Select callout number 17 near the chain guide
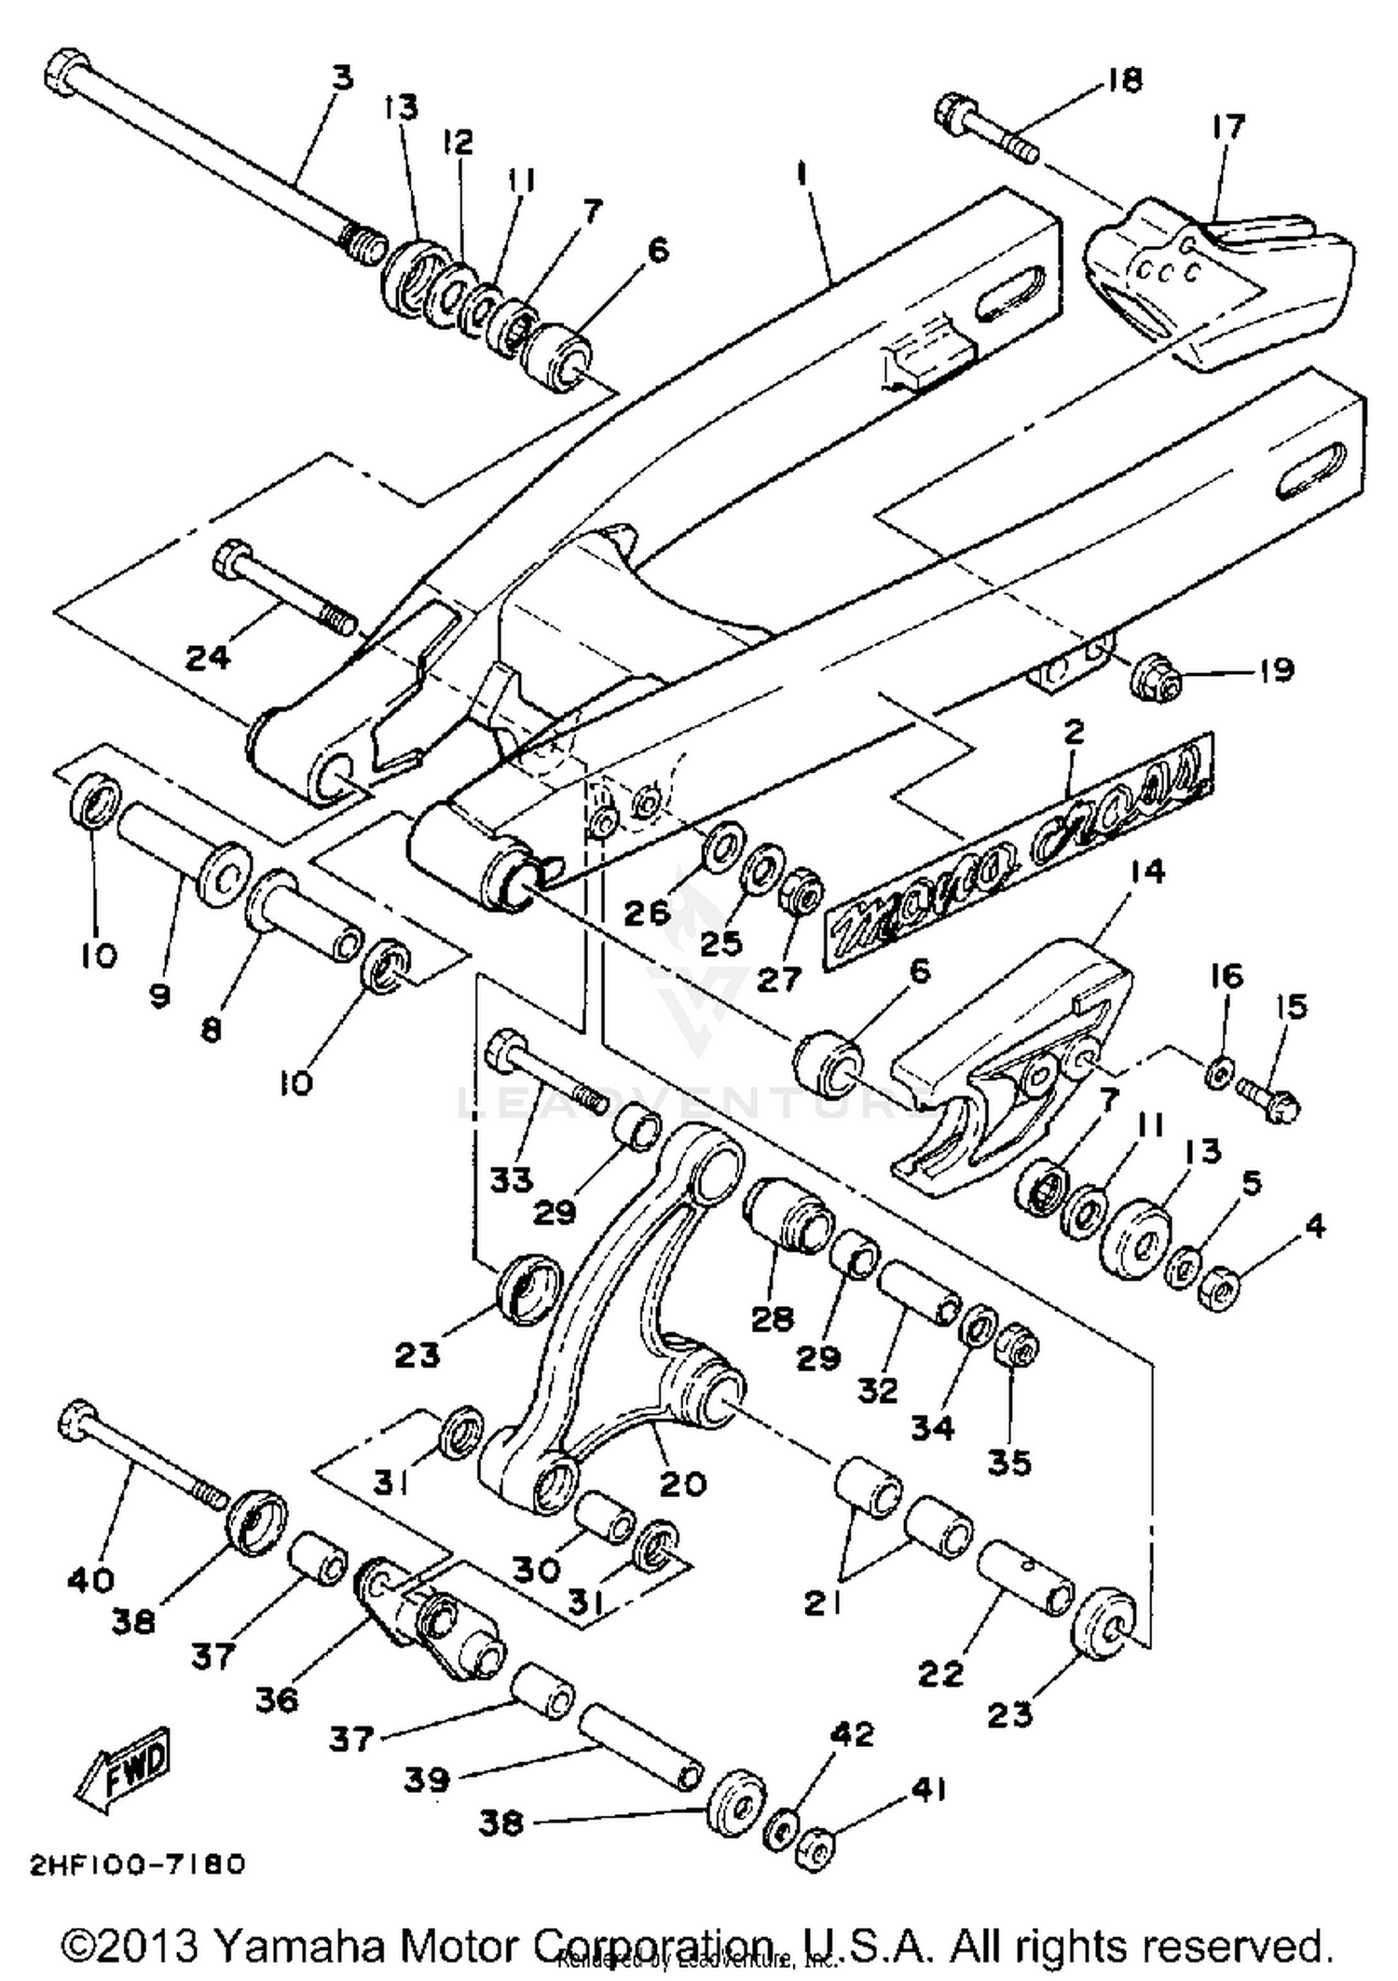point(1228,126)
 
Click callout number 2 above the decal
point(1074,732)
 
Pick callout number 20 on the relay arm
point(683,1482)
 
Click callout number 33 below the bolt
point(512,1179)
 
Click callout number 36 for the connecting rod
point(278,1699)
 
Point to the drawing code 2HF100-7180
point(138,1864)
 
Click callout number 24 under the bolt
point(207,657)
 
